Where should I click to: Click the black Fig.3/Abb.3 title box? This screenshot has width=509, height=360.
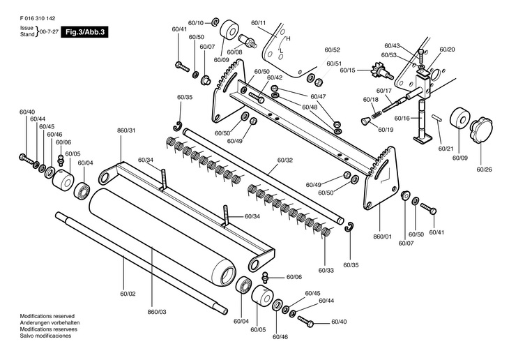84,32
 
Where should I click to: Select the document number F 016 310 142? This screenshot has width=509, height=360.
38,19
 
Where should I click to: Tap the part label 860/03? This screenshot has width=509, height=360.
157,312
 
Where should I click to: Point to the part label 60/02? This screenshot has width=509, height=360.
128,294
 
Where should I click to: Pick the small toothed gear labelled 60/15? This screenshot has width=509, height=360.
382,73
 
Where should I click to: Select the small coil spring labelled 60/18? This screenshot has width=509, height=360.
377,114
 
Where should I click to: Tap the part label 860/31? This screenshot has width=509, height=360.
126,130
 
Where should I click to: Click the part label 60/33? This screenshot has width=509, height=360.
326,270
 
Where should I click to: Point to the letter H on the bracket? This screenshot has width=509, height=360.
288,38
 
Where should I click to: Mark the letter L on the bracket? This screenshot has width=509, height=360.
282,51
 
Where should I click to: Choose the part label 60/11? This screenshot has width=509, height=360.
259,23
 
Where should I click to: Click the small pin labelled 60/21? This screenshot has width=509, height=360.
436,118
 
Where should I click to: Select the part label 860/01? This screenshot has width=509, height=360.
382,237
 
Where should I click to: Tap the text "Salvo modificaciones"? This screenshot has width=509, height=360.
45,336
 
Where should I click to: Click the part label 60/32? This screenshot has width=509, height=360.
285,160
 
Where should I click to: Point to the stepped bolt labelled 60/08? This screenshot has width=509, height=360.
248,40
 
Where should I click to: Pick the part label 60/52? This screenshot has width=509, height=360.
333,50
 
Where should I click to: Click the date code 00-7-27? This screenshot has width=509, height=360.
49,32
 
